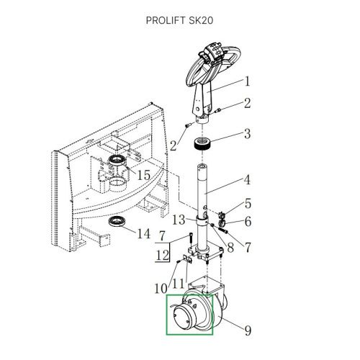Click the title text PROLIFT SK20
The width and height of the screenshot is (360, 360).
[179, 20]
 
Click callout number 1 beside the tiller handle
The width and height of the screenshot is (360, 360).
[247, 81]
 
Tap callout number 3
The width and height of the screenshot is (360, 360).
[248, 133]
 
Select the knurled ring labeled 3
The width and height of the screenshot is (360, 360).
[202, 145]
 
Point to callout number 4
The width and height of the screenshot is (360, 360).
[247, 180]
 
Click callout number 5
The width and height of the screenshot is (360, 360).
[248, 204]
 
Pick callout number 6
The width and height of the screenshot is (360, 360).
[248, 221]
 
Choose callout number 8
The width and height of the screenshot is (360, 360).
[230, 248]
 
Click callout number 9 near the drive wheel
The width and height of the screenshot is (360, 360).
[248, 330]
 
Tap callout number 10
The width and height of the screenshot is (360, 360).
[161, 288]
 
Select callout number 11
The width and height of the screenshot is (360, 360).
[178, 284]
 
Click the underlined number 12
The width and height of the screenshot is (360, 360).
[163, 256]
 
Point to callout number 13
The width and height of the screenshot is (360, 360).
[179, 220]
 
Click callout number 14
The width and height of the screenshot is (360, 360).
[143, 233]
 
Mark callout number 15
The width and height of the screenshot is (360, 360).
[143, 175]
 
